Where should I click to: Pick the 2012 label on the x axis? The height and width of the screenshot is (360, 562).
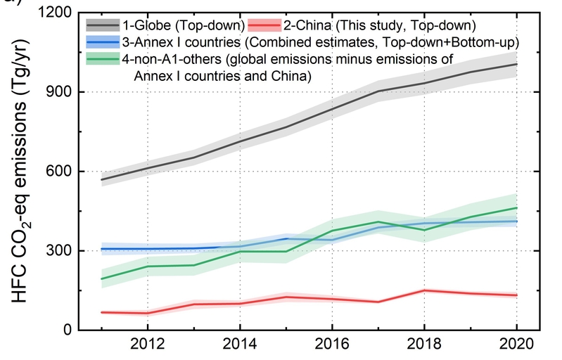click(147, 347)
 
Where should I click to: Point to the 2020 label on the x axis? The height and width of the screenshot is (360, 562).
click(517, 347)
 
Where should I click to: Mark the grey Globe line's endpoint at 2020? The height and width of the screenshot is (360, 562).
click(517, 64)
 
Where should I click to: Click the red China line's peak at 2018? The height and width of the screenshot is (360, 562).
click(423, 290)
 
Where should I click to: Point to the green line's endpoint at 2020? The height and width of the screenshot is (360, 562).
click(517, 207)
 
